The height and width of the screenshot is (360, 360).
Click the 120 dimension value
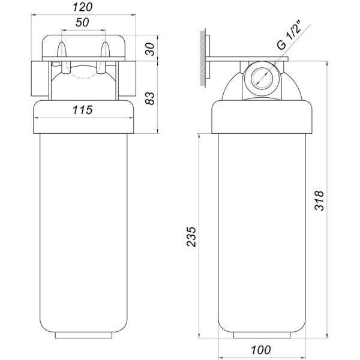pos(82,7)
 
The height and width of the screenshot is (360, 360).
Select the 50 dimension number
pos(82,22)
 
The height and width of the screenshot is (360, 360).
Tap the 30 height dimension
pos(151,49)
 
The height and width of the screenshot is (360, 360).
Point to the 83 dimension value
pos(150,98)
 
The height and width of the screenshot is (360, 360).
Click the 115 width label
pos(82,110)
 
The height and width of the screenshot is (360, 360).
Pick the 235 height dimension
pos(191,237)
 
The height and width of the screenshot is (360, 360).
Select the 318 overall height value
pos(319,200)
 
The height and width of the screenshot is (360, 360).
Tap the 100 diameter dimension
pos(261,350)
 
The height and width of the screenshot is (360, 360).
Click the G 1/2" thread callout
pos(289,35)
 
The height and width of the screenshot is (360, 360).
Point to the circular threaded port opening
pos(262,77)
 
